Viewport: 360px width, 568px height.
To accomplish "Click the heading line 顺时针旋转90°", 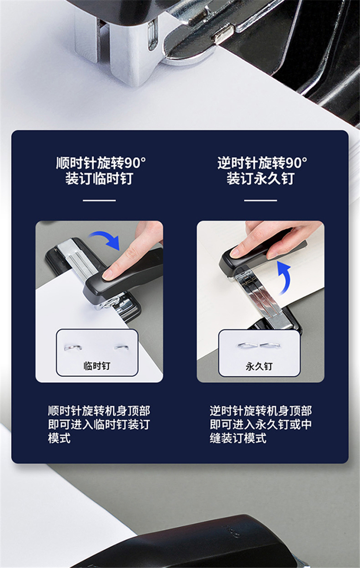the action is tap(101, 163).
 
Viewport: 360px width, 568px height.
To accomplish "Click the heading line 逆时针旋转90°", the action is tap(262, 163).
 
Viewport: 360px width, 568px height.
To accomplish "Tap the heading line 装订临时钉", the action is tap(99, 179).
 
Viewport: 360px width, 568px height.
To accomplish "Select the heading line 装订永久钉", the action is tap(261, 179).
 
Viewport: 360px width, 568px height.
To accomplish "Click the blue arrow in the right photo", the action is tap(283, 277).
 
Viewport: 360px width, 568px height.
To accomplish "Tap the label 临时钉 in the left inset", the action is tap(96, 366).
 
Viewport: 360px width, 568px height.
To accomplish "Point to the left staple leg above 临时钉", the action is tap(73, 348).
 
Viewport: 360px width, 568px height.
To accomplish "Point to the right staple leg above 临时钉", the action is tap(122, 348).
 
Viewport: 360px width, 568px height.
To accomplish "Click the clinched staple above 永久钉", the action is tap(259, 345).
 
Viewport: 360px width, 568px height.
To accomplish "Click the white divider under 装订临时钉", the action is tap(99, 200).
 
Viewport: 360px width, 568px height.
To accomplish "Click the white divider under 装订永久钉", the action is tap(261, 200).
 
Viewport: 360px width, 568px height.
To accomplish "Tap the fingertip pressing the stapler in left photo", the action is tap(108, 274).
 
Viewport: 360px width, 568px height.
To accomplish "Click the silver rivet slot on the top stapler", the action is tap(153, 35).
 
